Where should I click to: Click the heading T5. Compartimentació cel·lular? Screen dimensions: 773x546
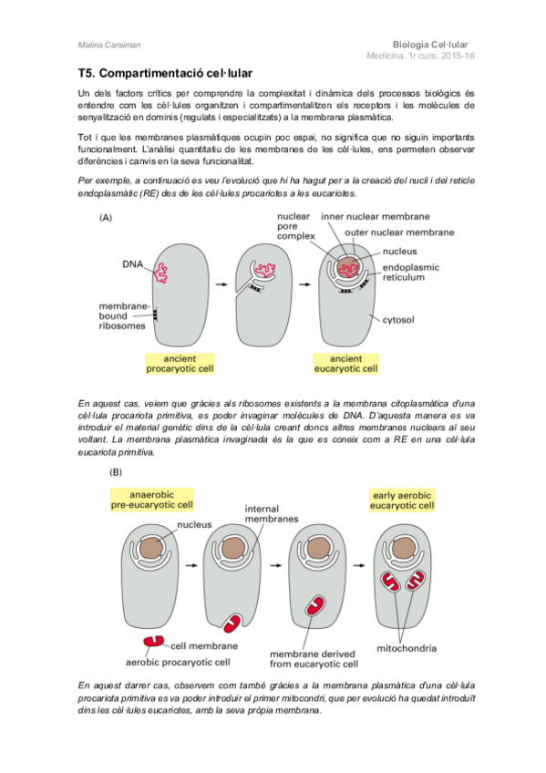164,71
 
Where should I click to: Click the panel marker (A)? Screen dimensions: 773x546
107,219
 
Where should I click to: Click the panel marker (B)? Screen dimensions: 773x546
117,472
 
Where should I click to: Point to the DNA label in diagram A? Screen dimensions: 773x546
132,263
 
